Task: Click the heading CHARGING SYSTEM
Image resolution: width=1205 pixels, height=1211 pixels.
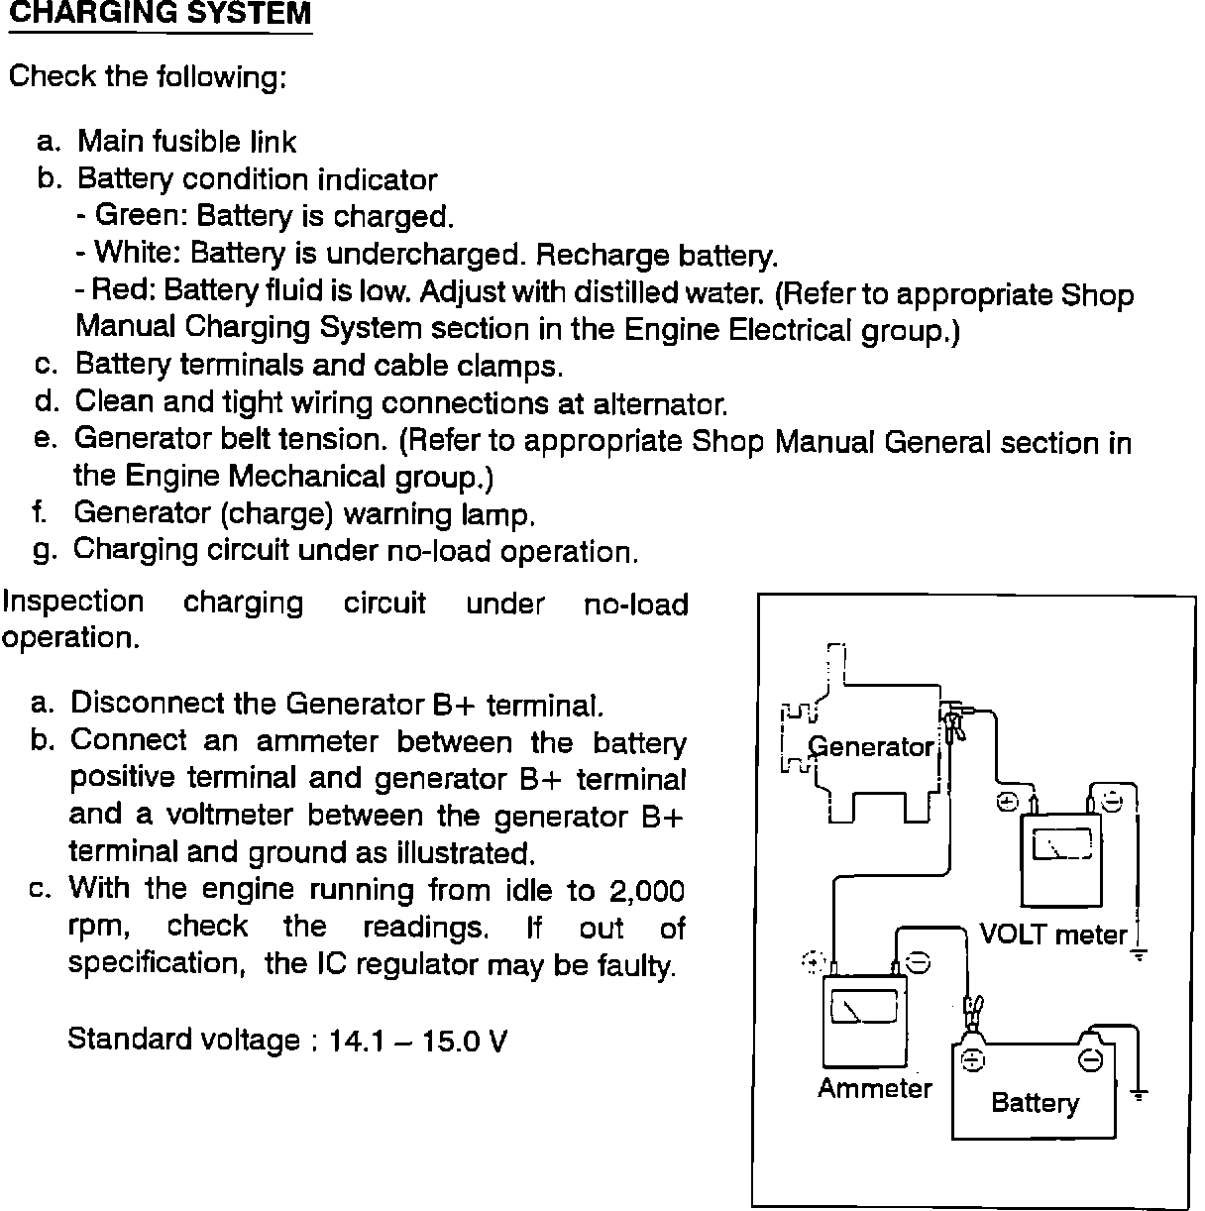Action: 160,15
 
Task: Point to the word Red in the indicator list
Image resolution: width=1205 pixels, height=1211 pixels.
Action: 122,290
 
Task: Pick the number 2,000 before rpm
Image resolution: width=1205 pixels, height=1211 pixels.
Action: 646,890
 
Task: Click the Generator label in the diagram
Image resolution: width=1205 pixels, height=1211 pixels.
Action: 871,746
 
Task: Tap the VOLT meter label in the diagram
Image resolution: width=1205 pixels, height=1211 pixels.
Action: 1053,935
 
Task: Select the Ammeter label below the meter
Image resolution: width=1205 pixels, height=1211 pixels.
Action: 875,1088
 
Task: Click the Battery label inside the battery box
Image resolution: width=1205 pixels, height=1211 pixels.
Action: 1035,1103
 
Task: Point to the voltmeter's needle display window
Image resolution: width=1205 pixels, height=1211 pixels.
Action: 1062,843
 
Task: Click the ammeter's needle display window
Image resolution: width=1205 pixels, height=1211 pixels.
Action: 863,1009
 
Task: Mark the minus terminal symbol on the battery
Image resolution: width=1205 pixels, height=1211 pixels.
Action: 1090,1059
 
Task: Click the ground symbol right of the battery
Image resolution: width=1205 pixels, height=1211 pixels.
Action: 1140,1094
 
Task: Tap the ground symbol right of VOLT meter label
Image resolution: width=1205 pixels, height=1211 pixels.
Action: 1140,953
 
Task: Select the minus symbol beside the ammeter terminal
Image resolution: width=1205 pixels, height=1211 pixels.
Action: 919,962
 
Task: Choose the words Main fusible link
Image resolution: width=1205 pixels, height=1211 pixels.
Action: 186,142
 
